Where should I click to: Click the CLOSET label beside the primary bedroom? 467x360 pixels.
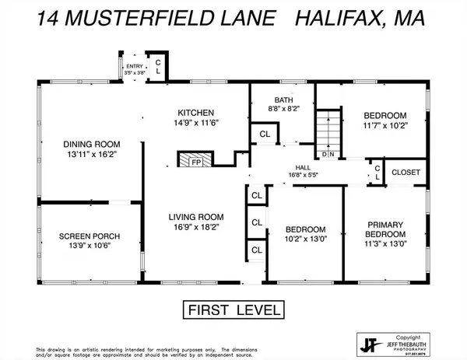pos(406,172)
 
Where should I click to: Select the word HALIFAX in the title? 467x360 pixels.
pos(348,17)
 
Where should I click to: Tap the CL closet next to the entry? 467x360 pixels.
pos(158,65)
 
